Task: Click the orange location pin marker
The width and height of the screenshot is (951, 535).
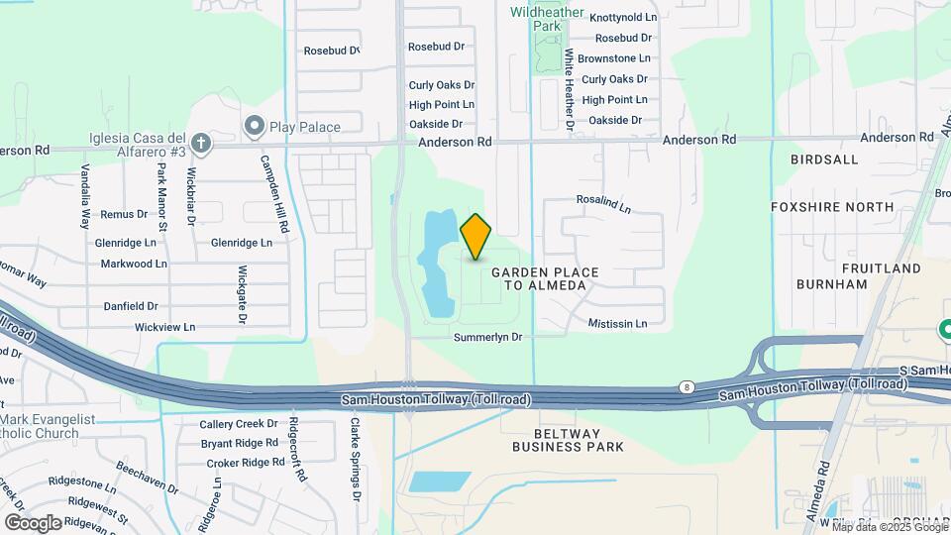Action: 476,236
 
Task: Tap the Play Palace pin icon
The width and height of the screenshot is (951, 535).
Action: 254,126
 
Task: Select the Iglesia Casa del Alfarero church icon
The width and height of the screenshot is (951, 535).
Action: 201,144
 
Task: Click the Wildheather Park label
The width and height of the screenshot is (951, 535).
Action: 547,19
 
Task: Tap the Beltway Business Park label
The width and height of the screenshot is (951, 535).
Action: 568,440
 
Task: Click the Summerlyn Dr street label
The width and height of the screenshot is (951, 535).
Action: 487,337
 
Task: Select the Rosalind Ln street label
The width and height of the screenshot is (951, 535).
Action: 603,203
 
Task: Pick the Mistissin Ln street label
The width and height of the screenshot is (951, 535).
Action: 616,324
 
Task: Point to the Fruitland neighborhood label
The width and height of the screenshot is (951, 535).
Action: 853,268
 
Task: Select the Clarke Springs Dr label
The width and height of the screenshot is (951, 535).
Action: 354,459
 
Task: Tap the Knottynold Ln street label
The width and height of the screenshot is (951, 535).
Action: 623,18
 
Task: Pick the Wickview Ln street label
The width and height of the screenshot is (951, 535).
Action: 164,327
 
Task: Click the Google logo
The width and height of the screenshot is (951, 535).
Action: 32,522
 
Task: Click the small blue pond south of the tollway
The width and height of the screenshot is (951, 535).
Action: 439,482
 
